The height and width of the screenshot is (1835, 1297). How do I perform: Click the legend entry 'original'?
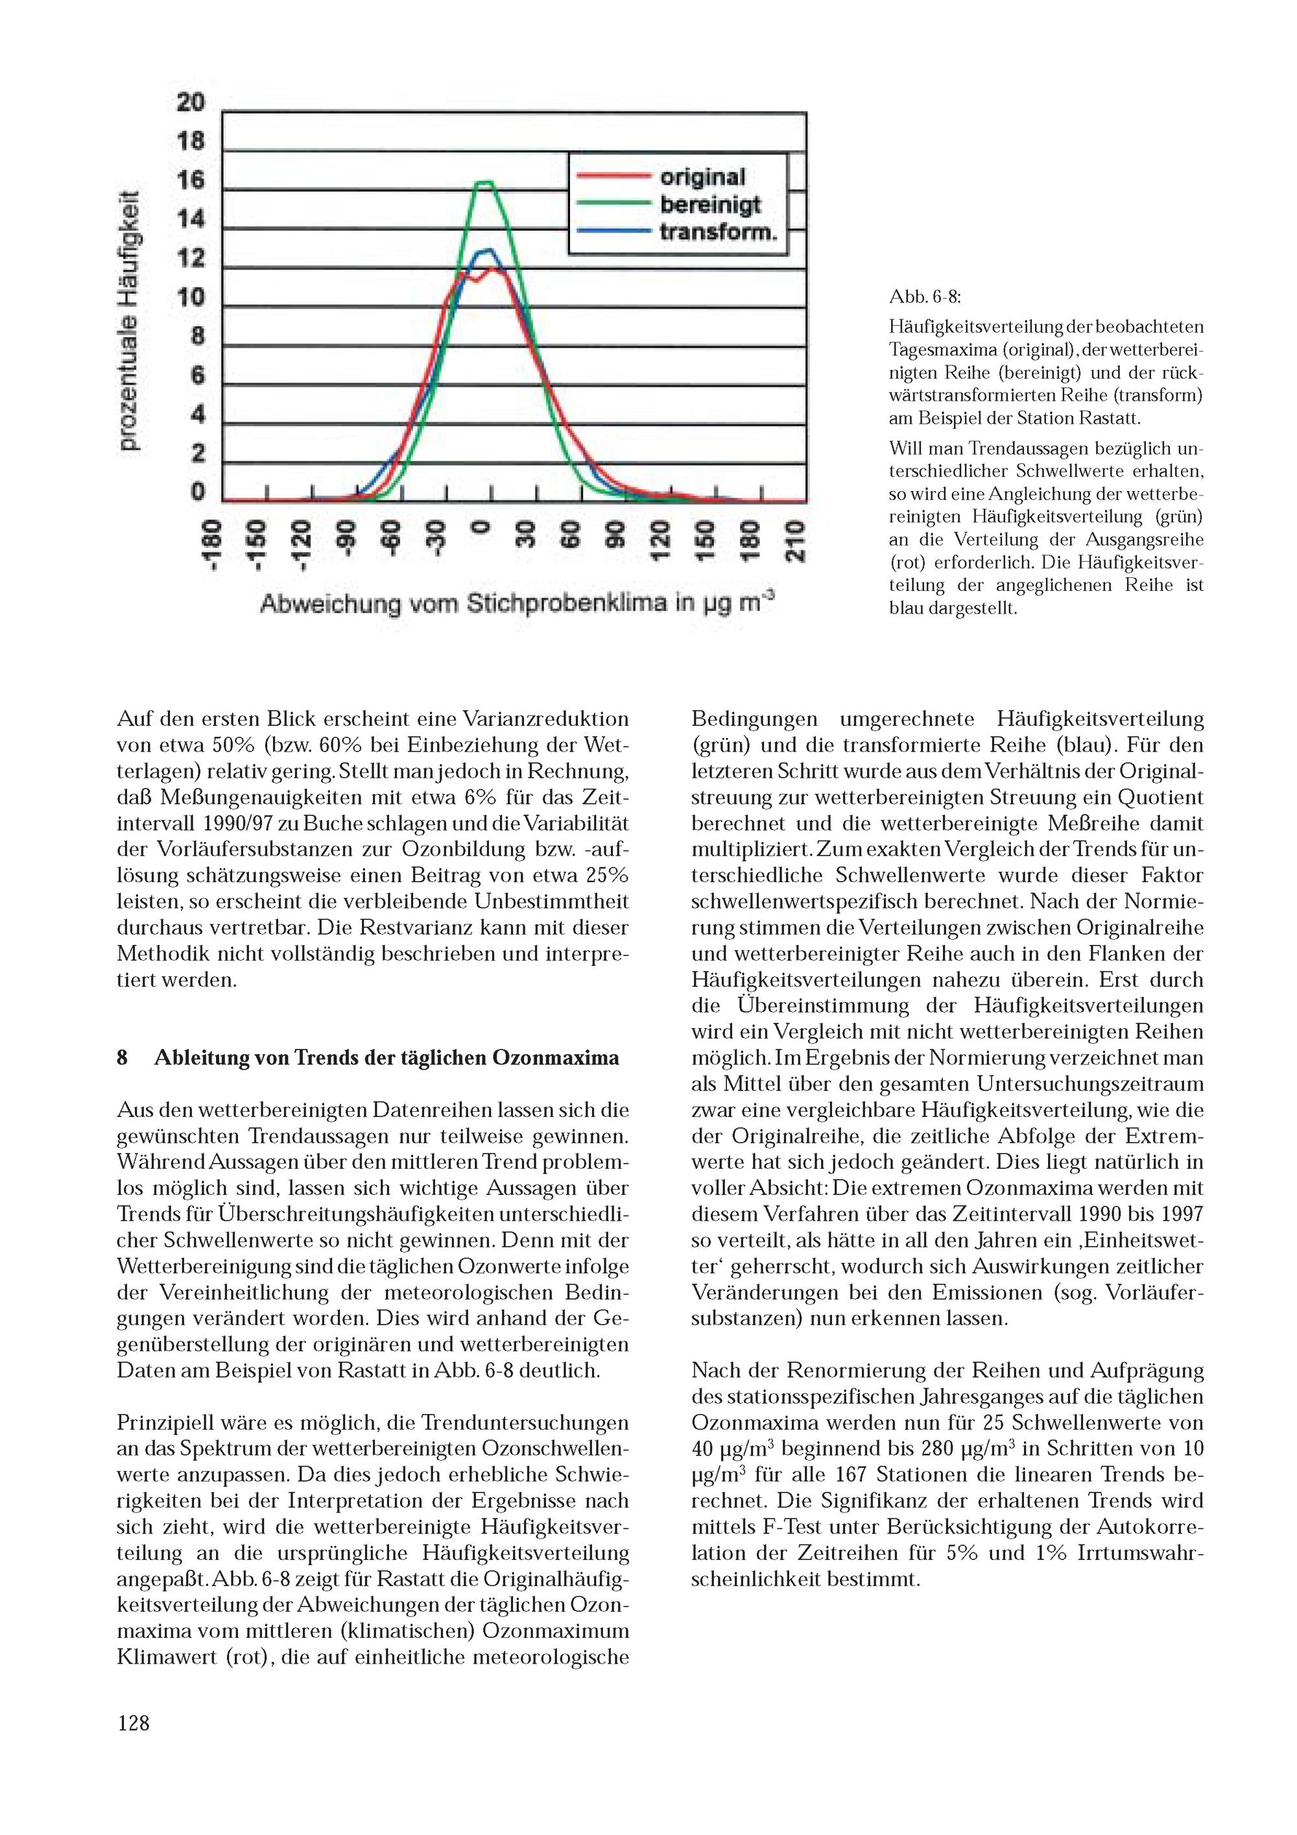coord(702,178)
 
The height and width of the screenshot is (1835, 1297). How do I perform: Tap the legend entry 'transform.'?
coord(718,233)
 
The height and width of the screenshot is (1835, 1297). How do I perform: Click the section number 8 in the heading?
coord(123,1058)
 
